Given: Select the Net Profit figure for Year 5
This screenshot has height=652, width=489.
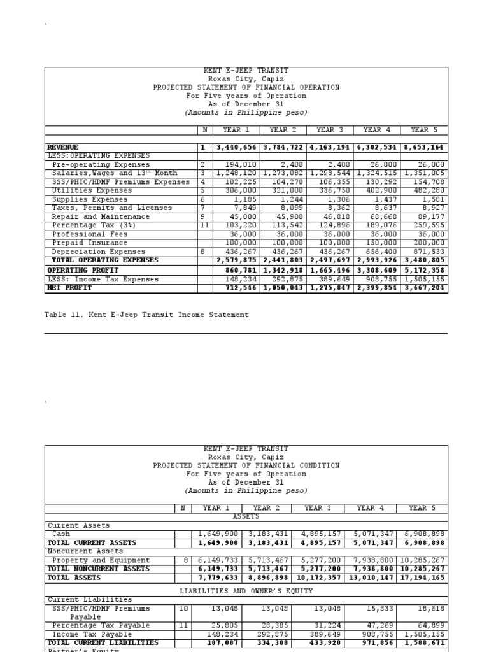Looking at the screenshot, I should click(425, 288).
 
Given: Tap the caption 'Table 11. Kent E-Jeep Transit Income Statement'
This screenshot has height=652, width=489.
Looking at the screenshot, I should click(146, 315).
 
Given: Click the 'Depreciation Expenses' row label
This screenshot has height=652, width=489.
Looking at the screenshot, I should click(94, 252).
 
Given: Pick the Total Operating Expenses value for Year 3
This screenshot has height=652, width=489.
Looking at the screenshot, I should click(330, 260).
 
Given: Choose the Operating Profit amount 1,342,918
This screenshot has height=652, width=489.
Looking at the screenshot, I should click(283, 270).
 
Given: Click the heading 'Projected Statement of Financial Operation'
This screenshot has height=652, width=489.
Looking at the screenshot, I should click(246, 87).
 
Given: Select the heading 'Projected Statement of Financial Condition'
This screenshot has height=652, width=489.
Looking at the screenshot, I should click(246, 465).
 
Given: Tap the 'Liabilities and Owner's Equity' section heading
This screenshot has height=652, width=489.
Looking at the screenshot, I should click(246, 592).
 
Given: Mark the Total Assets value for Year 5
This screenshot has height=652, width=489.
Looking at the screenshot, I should click(422, 578).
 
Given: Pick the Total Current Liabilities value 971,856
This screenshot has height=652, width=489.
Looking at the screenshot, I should click(374, 643).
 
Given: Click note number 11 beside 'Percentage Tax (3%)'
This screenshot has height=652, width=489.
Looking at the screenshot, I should click(203, 225).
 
